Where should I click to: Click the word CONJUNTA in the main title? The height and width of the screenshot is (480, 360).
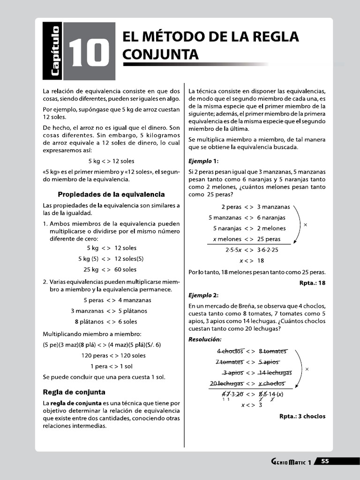pyautogui.click(x=160, y=55)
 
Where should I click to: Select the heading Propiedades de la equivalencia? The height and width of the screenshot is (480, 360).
pyautogui.click(x=111, y=194)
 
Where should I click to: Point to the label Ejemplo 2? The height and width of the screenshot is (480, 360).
pyautogui.click(x=203, y=295)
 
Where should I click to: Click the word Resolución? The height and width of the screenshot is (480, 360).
pyautogui.click(x=205, y=339)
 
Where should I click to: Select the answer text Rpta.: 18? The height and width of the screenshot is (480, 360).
pyautogui.click(x=312, y=283)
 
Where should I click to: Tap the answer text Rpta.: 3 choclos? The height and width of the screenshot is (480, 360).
pyautogui.click(x=302, y=416)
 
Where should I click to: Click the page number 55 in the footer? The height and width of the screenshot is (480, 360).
pyautogui.click(x=325, y=461)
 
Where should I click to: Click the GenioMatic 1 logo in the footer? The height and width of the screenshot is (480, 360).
pyautogui.click(x=291, y=462)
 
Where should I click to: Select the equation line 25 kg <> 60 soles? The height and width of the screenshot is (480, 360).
pyautogui.click(x=110, y=270)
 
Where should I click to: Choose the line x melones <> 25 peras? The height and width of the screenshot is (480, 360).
pyautogui.click(x=247, y=239)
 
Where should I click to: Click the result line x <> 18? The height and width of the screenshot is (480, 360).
pyautogui.click(x=252, y=261)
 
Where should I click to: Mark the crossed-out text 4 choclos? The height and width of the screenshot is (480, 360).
pyautogui.click(x=230, y=351)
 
